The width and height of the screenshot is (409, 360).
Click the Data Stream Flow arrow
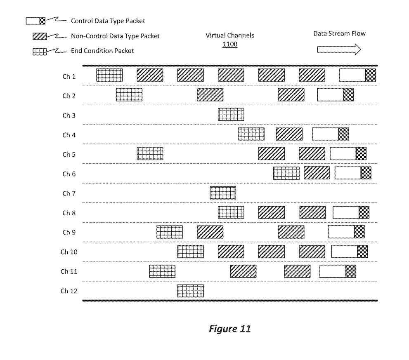point(339,49)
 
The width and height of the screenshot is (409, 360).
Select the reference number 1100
point(230,44)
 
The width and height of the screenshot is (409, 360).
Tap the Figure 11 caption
point(229,329)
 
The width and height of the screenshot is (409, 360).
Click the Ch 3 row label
point(66,115)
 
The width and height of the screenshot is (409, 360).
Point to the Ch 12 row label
point(69,291)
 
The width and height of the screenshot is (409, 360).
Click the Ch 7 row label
point(66,193)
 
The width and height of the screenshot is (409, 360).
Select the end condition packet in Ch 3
point(231,114)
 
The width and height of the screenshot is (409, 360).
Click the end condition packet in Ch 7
point(223,193)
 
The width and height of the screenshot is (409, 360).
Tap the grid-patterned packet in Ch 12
point(190,291)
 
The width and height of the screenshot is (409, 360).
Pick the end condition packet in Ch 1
point(109,75)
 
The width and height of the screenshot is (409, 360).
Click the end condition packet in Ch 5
point(150,153)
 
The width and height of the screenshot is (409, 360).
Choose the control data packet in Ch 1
point(357,75)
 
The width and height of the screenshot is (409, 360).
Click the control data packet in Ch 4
point(331,134)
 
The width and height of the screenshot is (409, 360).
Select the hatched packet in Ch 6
point(317,173)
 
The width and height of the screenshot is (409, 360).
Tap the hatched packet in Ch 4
point(289,134)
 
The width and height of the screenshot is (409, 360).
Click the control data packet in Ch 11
point(338,271)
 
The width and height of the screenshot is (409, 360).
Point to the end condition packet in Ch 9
point(169,232)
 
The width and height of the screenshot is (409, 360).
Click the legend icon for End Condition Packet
point(40,52)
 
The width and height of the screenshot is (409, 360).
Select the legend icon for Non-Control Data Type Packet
point(40,37)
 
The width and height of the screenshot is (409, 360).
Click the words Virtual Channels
point(230,35)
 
